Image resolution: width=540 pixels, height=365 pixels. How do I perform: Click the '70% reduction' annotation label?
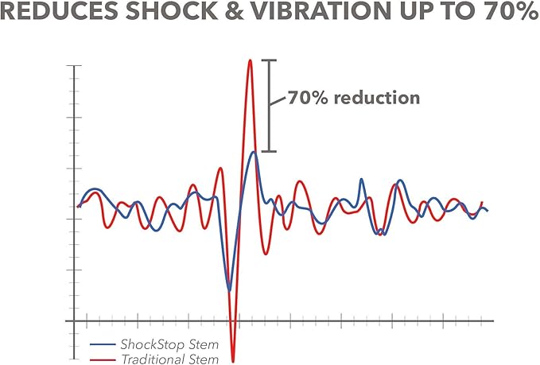353,99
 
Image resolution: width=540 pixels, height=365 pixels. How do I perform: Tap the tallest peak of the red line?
250,60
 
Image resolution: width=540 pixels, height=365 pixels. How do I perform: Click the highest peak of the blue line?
253,152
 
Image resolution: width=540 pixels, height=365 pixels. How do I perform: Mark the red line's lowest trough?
233,361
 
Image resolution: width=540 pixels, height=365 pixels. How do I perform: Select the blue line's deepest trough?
230,290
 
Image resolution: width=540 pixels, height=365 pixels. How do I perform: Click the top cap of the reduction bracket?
270,60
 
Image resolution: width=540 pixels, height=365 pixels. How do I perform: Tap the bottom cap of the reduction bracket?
270,151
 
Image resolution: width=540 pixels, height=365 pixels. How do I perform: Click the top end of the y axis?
75,65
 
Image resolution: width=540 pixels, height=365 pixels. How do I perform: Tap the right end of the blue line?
487,211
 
